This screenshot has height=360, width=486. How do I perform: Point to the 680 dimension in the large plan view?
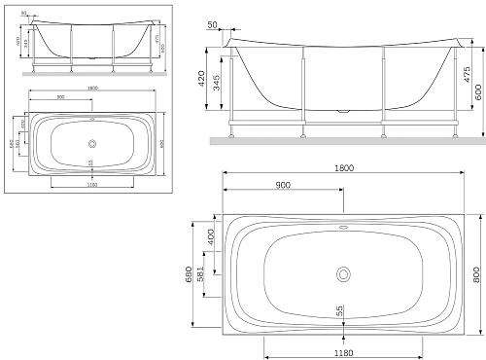pyautogui.click(x=191, y=276)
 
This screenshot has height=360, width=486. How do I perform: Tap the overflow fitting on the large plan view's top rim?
pyautogui.click(x=344, y=230)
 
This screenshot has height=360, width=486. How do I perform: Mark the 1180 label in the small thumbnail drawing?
pyautogui.click(x=89, y=183)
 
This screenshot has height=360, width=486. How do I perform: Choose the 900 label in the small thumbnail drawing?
pyautogui.click(x=60, y=98)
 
